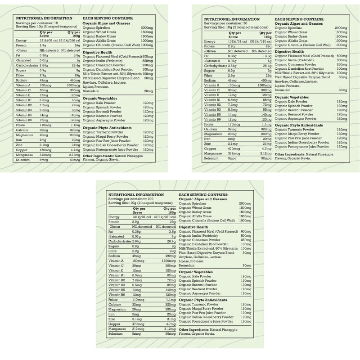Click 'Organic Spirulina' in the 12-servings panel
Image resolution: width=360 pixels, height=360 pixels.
[96, 27]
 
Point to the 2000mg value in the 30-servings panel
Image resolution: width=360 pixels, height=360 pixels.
[341, 28]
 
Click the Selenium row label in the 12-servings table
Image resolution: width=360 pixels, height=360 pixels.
[22, 160]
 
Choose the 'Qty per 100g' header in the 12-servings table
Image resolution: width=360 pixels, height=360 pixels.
[74, 34]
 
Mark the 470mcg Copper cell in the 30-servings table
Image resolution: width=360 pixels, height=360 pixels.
[235, 148]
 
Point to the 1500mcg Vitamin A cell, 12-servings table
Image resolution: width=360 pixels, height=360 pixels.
[74, 85]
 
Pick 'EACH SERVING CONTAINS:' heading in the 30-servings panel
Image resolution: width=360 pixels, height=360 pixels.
[299, 19]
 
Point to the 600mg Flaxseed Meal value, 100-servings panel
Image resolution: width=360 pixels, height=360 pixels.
[246, 232]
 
